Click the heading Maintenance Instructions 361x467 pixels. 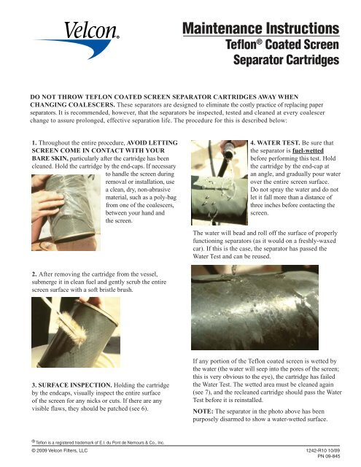[261, 30]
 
